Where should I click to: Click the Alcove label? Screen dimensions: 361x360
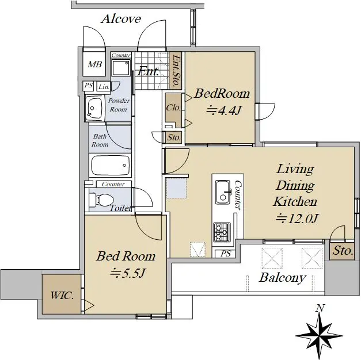(x=121, y=19)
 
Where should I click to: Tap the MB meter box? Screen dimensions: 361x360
(x=94, y=64)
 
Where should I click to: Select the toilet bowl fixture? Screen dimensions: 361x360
(x=101, y=200)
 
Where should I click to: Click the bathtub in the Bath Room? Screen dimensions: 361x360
(x=111, y=166)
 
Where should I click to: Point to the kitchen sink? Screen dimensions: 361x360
(x=223, y=192)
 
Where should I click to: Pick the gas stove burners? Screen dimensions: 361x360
(x=222, y=232)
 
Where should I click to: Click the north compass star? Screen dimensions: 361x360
(x=319, y=336)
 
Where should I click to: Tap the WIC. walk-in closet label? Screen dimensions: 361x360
(x=62, y=296)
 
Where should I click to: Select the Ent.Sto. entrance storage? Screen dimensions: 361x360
(x=176, y=70)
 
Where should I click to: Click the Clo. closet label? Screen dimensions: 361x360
(x=173, y=108)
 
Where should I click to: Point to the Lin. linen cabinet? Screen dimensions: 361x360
(x=104, y=87)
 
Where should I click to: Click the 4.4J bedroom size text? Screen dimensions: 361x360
(x=223, y=111)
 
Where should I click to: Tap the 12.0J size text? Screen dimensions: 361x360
(x=297, y=219)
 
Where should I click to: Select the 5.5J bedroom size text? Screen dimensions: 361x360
(x=127, y=273)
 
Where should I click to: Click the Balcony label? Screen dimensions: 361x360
(x=283, y=278)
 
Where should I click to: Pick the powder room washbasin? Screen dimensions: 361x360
(x=94, y=108)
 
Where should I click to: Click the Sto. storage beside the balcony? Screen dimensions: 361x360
(x=343, y=250)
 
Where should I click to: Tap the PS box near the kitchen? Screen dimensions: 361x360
(x=225, y=254)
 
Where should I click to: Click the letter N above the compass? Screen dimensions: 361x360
(x=320, y=308)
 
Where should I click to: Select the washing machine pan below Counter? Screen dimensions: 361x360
(x=121, y=67)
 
